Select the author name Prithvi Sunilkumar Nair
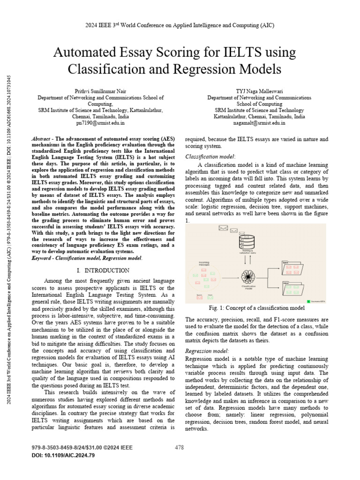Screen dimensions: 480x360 (x=100, y=90)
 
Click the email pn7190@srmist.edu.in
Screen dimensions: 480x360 (x=100, y=123)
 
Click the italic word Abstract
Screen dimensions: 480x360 (x=41, y=139)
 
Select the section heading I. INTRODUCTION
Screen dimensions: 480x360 (x=103, y=270)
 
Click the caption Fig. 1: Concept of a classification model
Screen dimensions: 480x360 (x=257, y=308)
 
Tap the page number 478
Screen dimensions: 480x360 (x=179, y=448)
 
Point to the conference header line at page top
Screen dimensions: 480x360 (x=180, y=25)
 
